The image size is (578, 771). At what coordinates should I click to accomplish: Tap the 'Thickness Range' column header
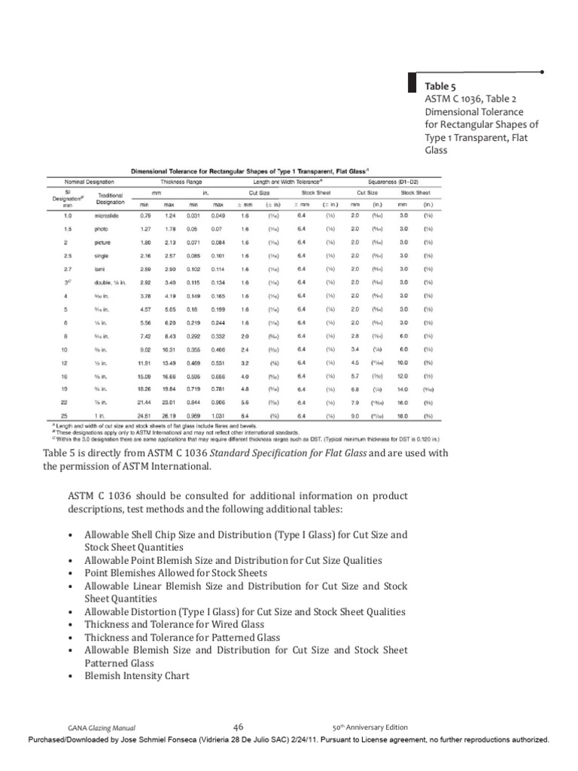[178, 181]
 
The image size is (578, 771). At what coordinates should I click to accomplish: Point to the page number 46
[239, 727]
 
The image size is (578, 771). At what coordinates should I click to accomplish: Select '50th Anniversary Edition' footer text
[370, 727]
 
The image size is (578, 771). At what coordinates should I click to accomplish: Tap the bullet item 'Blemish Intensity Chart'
[137, 676]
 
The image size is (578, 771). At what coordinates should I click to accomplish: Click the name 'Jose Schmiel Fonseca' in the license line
[178, 740]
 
